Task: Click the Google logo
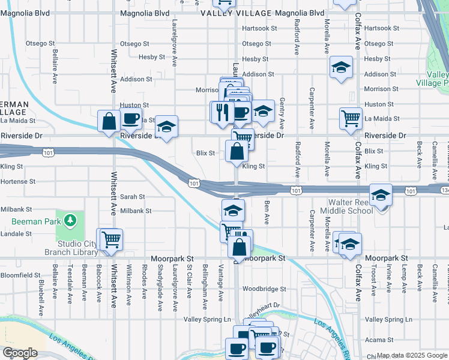click(x=20, y=353)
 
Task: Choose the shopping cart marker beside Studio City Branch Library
click(x=110, y=239)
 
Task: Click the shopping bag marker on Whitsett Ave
click(x=109, y=121)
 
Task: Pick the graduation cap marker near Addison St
click(x=341, y=67)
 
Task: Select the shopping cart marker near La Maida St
click(x=351, y=118)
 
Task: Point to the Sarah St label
click(x=133, y=197)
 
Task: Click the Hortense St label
click(x=18, y=181)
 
